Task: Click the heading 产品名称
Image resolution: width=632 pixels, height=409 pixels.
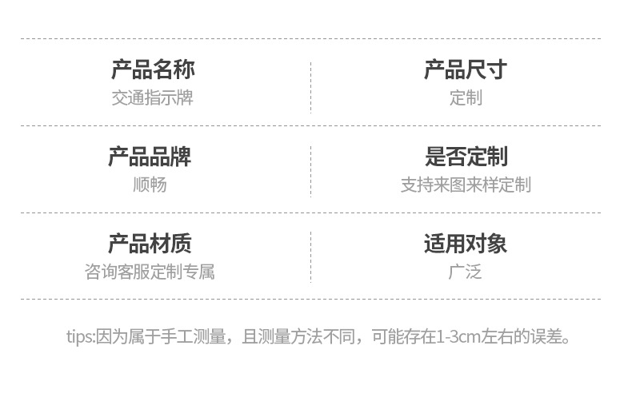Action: [152, 69]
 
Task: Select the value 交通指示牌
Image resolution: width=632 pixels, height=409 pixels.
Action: [152, 98]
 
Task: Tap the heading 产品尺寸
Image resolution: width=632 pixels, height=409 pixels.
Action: [465, 69]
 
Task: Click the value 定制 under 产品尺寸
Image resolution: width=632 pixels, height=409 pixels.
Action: [465, 98]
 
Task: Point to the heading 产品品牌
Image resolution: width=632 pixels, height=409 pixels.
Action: [150, 157]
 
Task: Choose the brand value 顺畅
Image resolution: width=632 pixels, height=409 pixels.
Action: [150, 185]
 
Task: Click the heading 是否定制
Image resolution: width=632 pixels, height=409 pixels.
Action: [466, 157]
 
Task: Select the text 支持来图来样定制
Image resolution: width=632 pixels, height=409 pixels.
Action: [466, 185]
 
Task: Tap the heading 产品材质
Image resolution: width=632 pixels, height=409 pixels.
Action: [150, 244]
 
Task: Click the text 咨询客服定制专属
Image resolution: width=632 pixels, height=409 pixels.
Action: [150, 272]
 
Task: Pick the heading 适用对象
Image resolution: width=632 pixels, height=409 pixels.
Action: [466, 244]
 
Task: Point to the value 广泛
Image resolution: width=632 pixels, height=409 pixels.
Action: [465, 272]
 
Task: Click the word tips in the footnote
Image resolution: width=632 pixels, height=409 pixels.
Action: [79, 336]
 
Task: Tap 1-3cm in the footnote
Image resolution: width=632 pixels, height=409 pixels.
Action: [458, 336]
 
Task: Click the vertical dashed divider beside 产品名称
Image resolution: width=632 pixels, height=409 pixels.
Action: [310, 86]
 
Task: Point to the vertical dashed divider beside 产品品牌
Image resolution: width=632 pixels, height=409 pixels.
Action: [310, 171]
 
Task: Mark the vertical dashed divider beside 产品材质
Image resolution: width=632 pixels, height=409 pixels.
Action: [310, 257]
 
